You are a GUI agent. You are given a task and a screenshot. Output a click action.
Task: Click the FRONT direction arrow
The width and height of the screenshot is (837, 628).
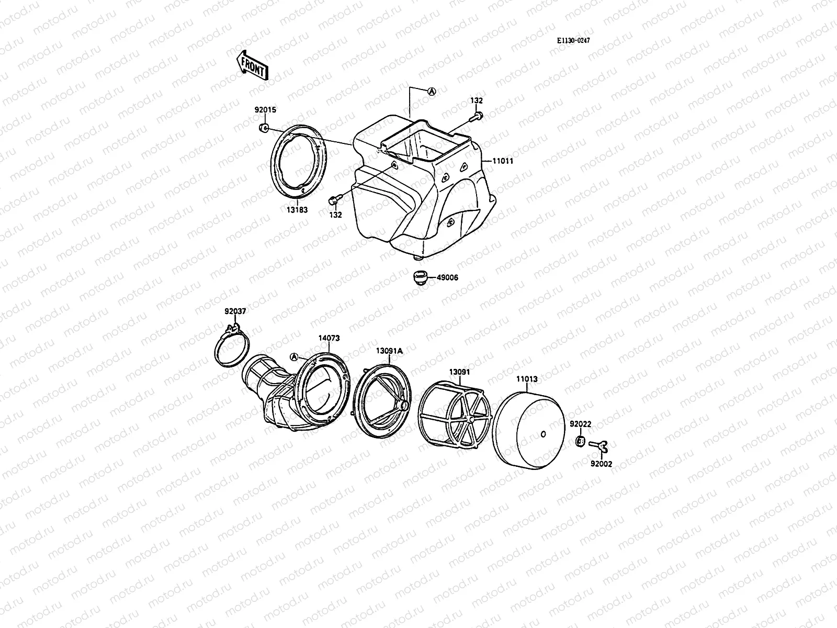tap(252, 65)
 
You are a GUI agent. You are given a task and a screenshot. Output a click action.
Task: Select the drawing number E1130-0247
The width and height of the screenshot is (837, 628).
tap(576, 40)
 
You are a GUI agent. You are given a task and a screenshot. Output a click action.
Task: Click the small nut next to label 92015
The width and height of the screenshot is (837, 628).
tap(264, 128)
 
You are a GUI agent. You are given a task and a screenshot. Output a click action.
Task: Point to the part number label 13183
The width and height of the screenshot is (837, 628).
tap(296, 210)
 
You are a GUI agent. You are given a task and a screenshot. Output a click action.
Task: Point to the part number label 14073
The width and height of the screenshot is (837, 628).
tap(329, 338)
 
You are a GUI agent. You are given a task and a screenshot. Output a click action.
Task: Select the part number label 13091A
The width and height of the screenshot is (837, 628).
tap(389, 351)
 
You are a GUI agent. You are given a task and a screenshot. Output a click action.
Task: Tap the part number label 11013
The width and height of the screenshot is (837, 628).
tap(526, 378)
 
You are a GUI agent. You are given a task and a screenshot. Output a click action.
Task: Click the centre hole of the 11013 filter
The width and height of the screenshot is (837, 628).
tap(543, 433)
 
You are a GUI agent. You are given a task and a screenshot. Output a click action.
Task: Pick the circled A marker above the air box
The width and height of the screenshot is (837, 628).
tap(432, 91)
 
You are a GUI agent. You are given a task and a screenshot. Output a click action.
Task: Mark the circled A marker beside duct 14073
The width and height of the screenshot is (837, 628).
tap(294, 356)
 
